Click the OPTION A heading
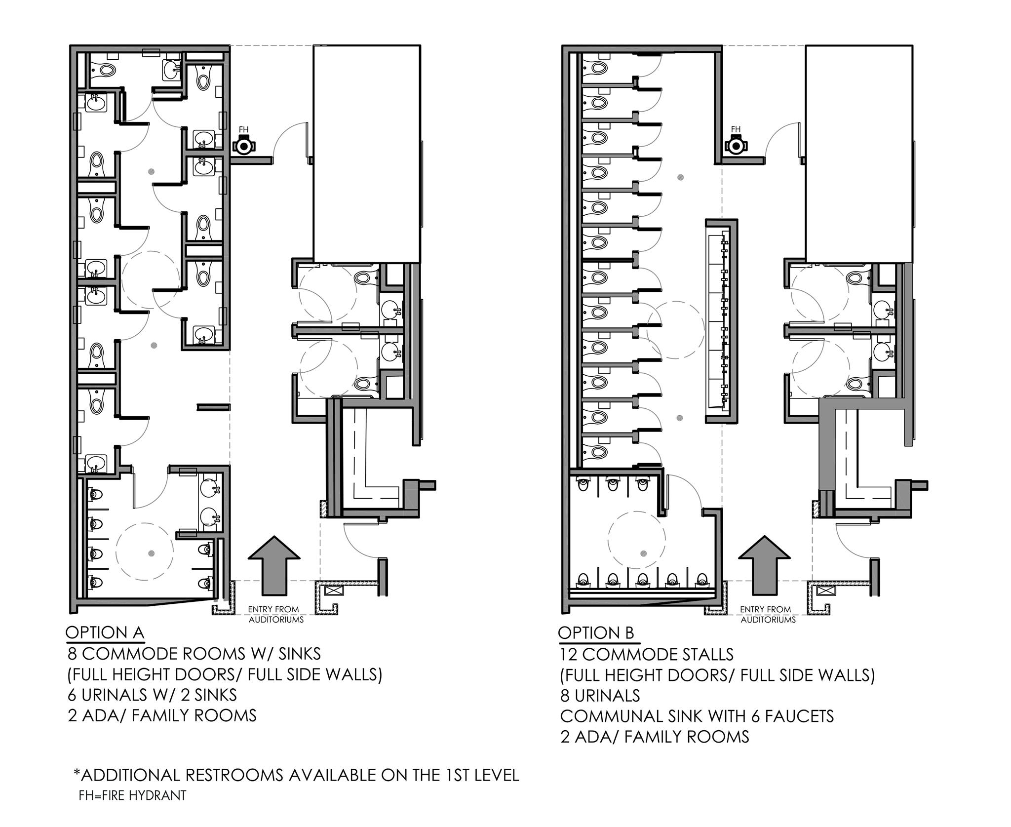105,632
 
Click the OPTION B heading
596,633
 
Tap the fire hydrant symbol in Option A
243,146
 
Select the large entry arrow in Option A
273,565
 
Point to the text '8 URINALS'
600,695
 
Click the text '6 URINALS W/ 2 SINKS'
152,695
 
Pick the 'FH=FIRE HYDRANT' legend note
132,795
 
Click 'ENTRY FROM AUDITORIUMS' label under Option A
276,615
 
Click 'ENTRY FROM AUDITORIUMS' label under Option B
768,615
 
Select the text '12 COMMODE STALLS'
646,654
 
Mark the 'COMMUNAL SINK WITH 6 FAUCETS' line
697,716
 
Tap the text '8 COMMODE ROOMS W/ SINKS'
194,654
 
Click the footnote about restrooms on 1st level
296,775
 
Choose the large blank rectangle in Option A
367,154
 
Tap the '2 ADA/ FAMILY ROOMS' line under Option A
162,715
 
